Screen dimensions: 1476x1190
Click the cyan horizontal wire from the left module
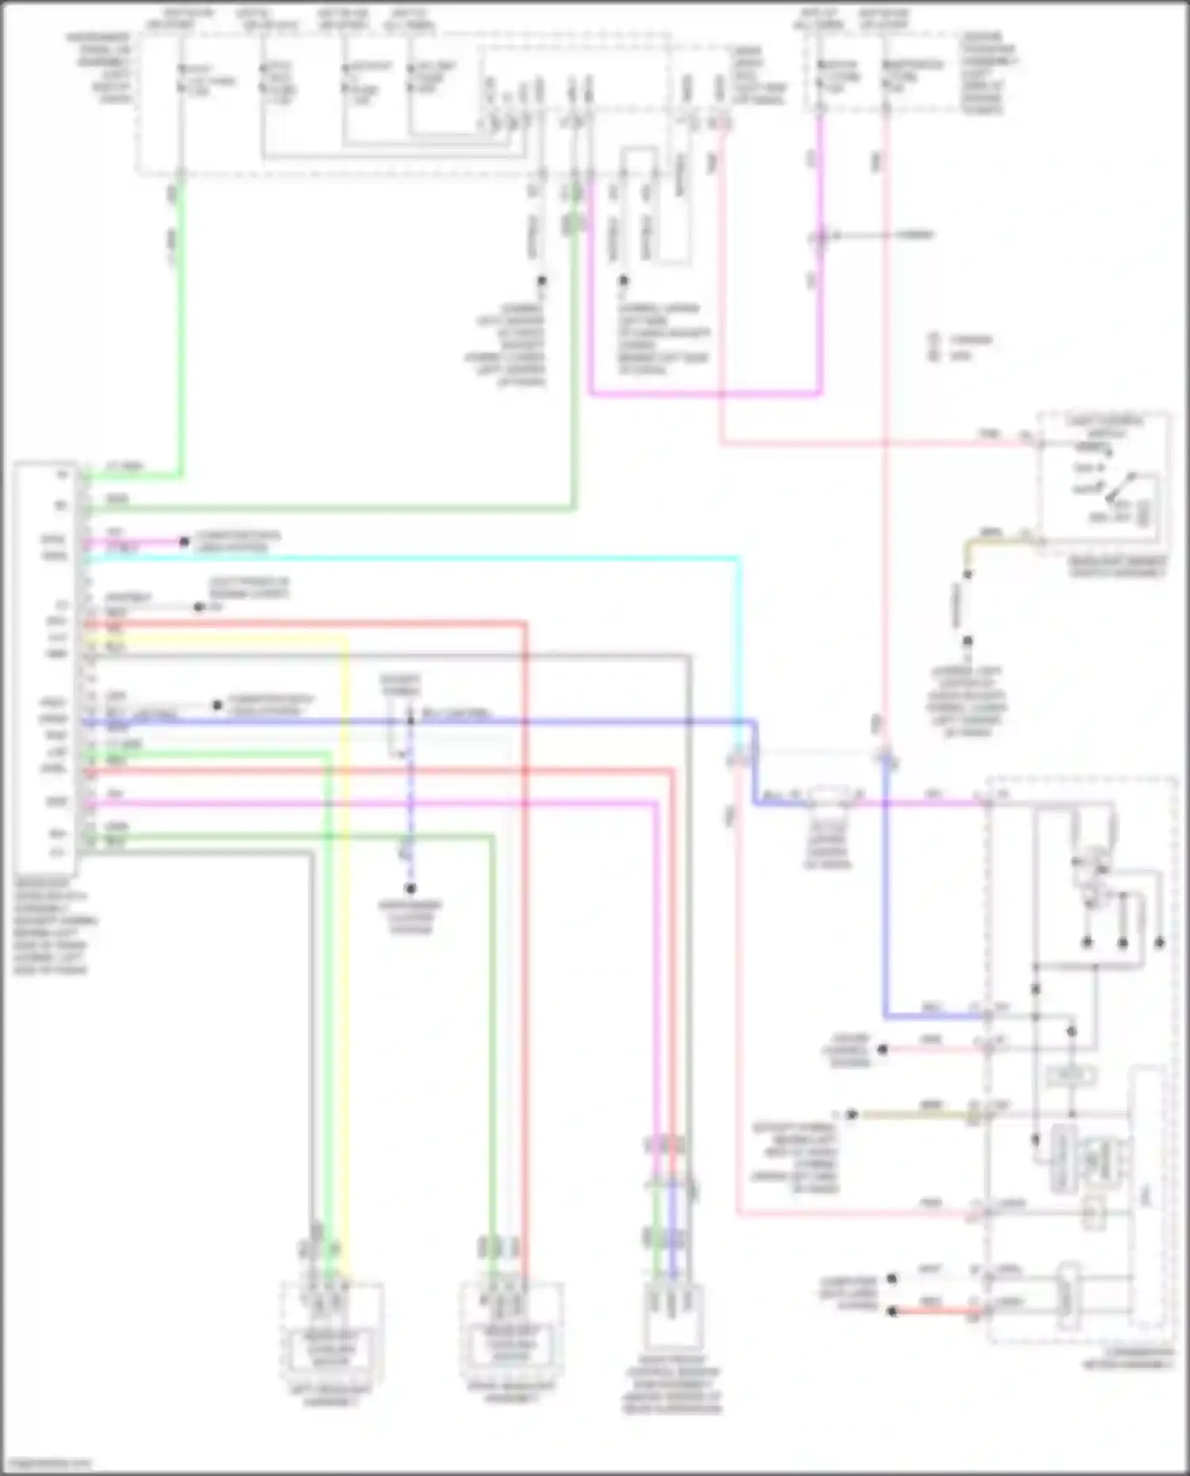(x=413, y=559)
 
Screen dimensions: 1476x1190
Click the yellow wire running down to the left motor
(x=346, y=952)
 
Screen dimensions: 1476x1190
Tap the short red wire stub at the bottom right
(x=936, y=1312)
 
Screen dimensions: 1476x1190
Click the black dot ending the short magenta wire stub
(x=184, y=542)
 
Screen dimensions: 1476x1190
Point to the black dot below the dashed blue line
(x=410, y=889)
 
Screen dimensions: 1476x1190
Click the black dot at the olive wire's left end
(x=851, y=1114)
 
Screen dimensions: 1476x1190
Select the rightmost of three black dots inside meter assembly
(x=1159, y=943)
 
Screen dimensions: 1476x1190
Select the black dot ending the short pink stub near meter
(x=881, y=1049)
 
